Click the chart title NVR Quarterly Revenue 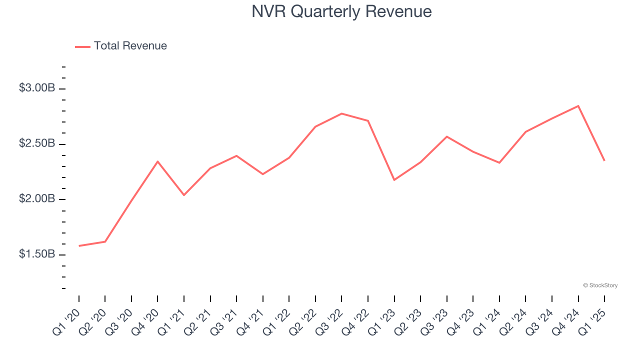pyautogui.click(x=341, y=11)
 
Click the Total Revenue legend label pyautogui.click(x=130, y=46)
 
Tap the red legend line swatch pyautogui.click(x=82, y=46)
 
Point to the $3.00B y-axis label pyautogui.click(x=37, y=88)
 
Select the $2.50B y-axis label pyautogui.click(x=37, y=143)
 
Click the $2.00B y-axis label pyautogui.click(x=37, y=199)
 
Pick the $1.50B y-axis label pyautogui.click(x=37, y=254)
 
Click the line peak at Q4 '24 pyautogui.click(x=578, y=106)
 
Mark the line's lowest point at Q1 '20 pyautogui.click(x=79, y=246)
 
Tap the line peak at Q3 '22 pyautogui.click(x=341, y=113)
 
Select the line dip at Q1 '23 pyautogui.click(x=394, y=180)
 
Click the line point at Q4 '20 pyautogui.click(x=157, y=161)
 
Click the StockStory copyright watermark pyautogui.click(x=600, y=285)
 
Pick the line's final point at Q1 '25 pyautogui.click(x=604, y=160)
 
